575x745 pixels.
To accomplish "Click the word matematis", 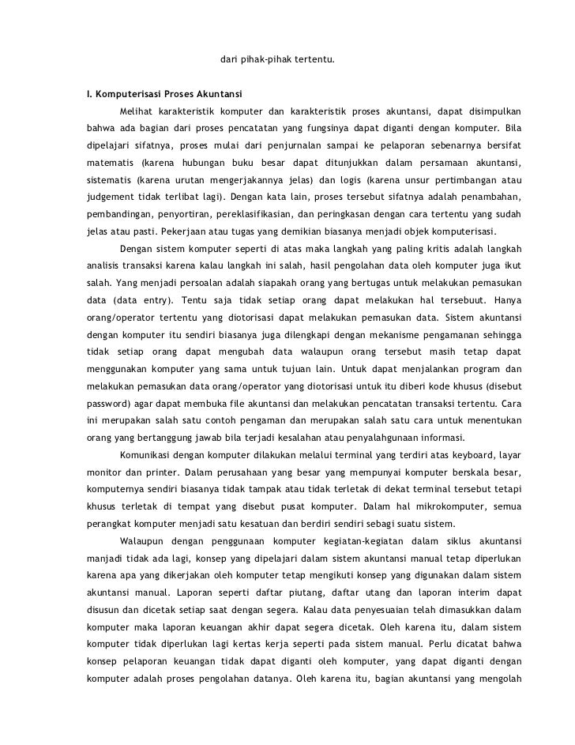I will tap(106, 164).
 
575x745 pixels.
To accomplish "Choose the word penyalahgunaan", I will tap(389, 438).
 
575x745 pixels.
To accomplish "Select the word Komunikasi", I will tap(147, 455).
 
